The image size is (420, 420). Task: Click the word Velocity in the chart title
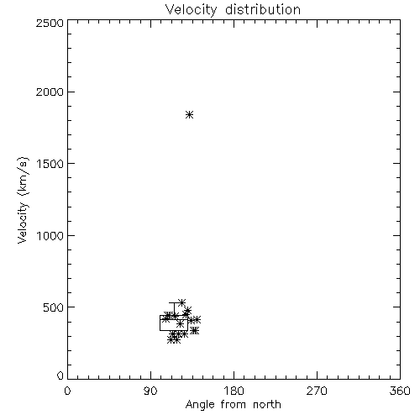192,10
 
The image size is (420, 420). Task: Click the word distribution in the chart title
263,9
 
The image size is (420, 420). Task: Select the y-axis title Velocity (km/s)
23,200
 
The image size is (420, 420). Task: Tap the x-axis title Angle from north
233,404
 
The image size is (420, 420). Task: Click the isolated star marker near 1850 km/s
190,114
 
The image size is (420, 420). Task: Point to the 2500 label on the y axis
50,23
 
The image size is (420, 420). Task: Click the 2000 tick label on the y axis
50,92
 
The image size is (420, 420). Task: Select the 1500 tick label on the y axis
50,164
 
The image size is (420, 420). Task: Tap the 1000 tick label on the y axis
50,235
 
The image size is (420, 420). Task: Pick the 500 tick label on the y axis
54,307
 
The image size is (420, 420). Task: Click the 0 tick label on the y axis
60,375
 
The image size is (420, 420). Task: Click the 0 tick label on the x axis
67,391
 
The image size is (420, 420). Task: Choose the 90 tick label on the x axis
150,391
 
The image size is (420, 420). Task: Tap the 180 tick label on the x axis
234,391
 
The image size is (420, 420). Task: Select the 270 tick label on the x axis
317,391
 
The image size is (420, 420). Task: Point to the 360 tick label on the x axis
400,391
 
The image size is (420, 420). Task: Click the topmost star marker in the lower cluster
182,302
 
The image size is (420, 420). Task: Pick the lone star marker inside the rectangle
181,324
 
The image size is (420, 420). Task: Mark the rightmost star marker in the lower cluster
197,319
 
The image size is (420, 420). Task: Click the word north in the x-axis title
267,404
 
